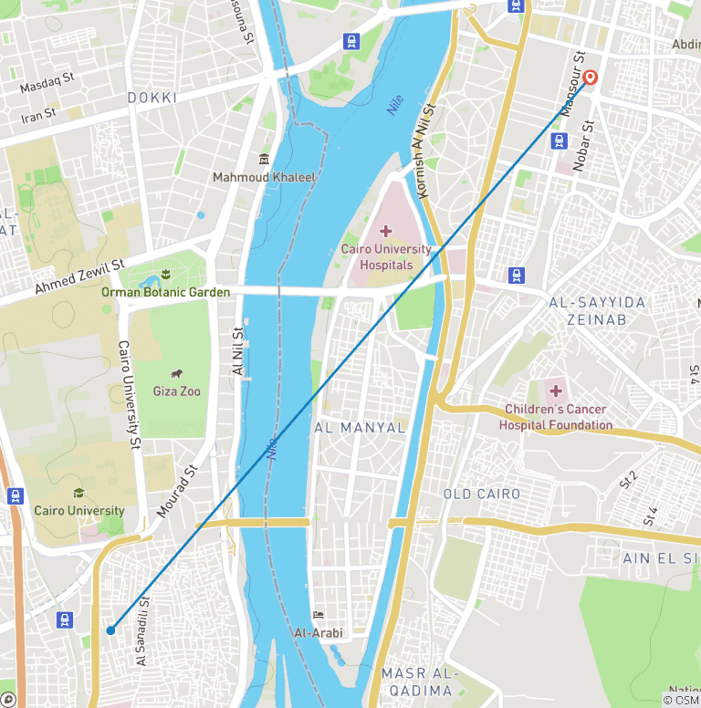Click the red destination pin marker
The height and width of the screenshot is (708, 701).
(x=590, y=78)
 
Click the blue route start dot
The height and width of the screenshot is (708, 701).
(x=110, y=630)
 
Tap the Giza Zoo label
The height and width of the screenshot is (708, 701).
(x=176, y=391)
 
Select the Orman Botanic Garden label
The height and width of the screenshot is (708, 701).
(x=165, y=292)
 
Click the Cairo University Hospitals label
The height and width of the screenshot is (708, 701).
(x=385, y=256)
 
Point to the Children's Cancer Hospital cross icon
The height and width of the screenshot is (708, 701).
(x=555, y=391)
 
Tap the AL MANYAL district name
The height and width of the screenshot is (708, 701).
(x=360, y=427)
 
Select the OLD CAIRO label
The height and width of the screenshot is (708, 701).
(x=481, y=495)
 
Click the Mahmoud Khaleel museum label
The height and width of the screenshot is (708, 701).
(x=264, y=177)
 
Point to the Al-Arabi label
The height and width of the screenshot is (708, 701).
(x=317, y=632)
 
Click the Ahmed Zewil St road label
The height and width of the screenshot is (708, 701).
(x=79, y=277)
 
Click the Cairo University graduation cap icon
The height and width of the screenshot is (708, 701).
(x=78, y=494)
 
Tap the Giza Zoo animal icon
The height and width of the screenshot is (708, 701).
(x=176, y=374)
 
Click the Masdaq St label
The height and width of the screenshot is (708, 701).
(x=47, y=84)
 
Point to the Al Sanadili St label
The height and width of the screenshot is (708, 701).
(x=142, y=629)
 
